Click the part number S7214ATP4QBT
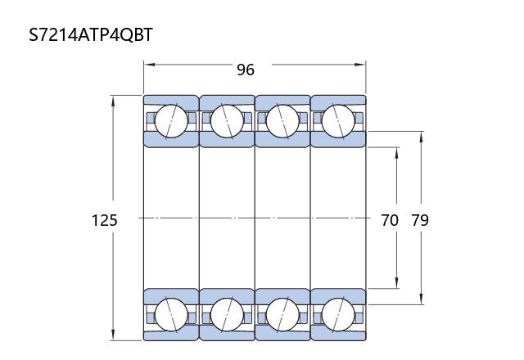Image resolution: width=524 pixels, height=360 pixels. [91, 34]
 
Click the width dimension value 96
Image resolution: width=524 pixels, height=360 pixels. [246, 70]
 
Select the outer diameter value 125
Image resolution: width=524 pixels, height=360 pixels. [105, 220]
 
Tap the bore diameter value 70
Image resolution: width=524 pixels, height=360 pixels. [390, 220]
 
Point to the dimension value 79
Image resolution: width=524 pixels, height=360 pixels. [420, 220]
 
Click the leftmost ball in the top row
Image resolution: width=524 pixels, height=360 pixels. [171, 121]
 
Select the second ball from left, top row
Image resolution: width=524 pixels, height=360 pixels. [227, 121]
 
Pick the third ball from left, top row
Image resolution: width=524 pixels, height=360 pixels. [282, 121]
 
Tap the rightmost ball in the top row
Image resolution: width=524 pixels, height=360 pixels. [338, 121]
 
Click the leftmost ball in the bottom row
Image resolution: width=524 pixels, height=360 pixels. [171, 314]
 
